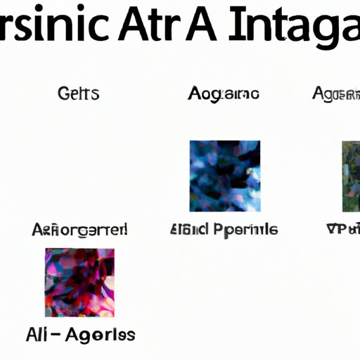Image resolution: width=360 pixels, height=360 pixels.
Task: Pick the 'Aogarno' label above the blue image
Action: (x=224, y=93)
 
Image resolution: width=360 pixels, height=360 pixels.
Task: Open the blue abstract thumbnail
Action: (x=225, y=176)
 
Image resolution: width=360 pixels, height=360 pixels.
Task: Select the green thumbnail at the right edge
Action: (x=350, y=176)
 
